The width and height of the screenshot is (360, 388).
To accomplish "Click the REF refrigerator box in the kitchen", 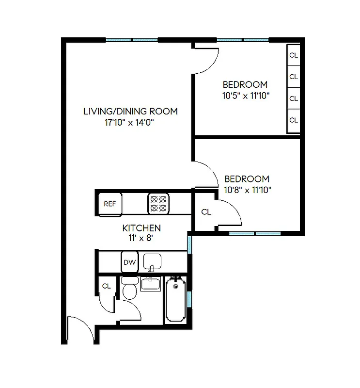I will (110, 203).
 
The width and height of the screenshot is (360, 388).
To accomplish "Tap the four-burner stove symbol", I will (158, 203).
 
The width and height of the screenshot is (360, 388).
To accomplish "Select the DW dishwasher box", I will (129, 262).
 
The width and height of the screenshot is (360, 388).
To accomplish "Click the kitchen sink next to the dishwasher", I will (152, 262).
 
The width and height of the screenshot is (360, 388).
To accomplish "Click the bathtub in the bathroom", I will (175, 299).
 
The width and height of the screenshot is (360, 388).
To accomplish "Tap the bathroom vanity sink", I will (151, 284).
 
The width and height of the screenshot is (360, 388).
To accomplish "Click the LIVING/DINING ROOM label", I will (130, 111).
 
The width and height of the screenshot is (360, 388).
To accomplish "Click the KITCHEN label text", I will (141, 228).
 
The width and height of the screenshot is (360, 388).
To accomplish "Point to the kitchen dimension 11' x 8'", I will (141, 238).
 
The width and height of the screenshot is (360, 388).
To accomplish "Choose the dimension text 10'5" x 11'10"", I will (246, 96).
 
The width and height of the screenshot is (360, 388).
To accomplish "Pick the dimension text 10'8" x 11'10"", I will (247, 190).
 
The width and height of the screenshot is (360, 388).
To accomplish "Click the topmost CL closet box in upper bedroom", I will (293, 55).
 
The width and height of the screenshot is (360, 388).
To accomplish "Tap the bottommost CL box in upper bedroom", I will (293, 120).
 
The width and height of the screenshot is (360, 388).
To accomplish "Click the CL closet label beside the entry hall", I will (106, 286).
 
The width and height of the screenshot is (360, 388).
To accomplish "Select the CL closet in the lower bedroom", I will (206, 212).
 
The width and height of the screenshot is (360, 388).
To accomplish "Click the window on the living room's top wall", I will (132, 40).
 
